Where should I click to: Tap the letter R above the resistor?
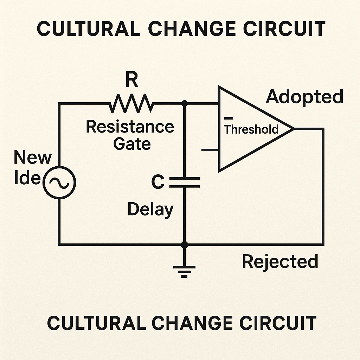pyautogui.click(x=132, y=81)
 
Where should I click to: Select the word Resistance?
pyautogui.click(x=130, y=127)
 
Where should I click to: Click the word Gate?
pyautogui.click(x=132, y=143)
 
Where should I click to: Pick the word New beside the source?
pyautogui.click(x=32, y=158)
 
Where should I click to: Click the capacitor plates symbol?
pyautogui.click(x=184, y=182)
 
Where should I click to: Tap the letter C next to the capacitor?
pyautogui.click(x=157, y=182)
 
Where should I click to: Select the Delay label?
pyautogui.click(x=150, y=210)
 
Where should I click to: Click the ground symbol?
pyautogui.click(x=184, y=270)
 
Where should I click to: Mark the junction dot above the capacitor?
pyautogui.click(x=184, y=103)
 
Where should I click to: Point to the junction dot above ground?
pyautogui.click(x=184, y=244)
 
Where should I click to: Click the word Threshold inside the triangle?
pyautogui.click(x=251, y=129)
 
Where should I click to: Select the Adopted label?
pyautogui.click(x=304, y=96)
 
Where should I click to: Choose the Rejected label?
pyautogui.click(x=280, y=262)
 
